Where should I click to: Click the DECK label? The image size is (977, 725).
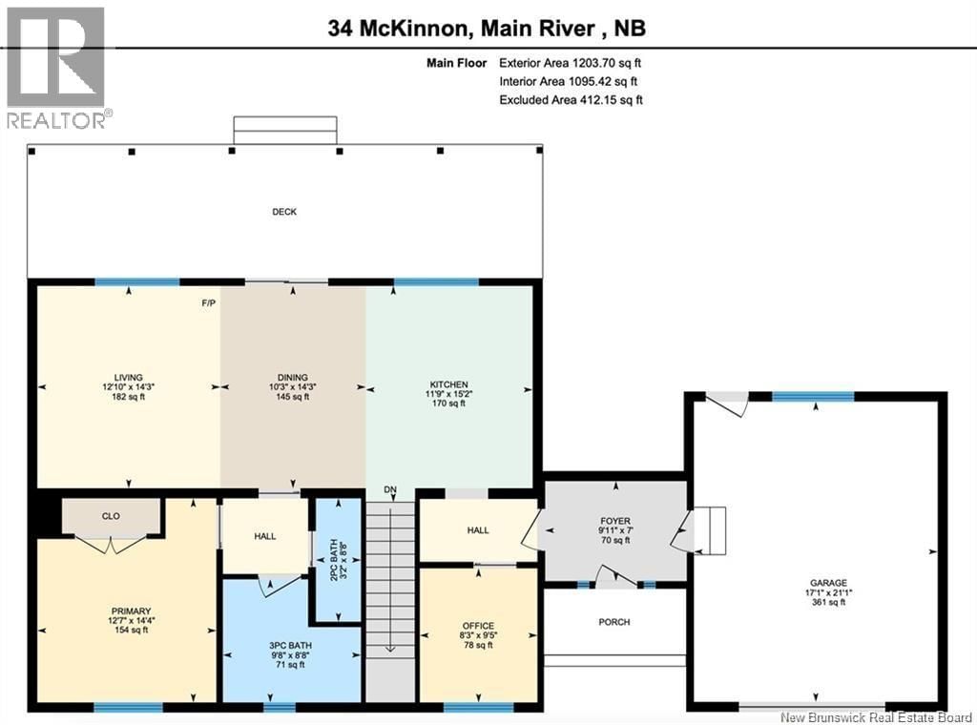coord(283,212)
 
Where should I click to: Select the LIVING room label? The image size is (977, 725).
coord(128,378)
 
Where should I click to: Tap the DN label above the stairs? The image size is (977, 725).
coord(389,490)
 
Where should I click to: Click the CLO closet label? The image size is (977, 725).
coord(111,516)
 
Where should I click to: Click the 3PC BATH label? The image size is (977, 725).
coord(290,645)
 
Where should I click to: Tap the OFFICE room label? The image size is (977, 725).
coord(478,626)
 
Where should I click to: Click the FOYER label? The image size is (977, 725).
coord(614,521)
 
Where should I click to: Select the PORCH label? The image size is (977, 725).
coord(614,622)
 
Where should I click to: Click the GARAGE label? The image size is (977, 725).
coord(828,582)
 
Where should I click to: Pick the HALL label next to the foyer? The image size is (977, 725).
coord(478,530)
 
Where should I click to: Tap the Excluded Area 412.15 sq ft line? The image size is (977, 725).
coord(571,99)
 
